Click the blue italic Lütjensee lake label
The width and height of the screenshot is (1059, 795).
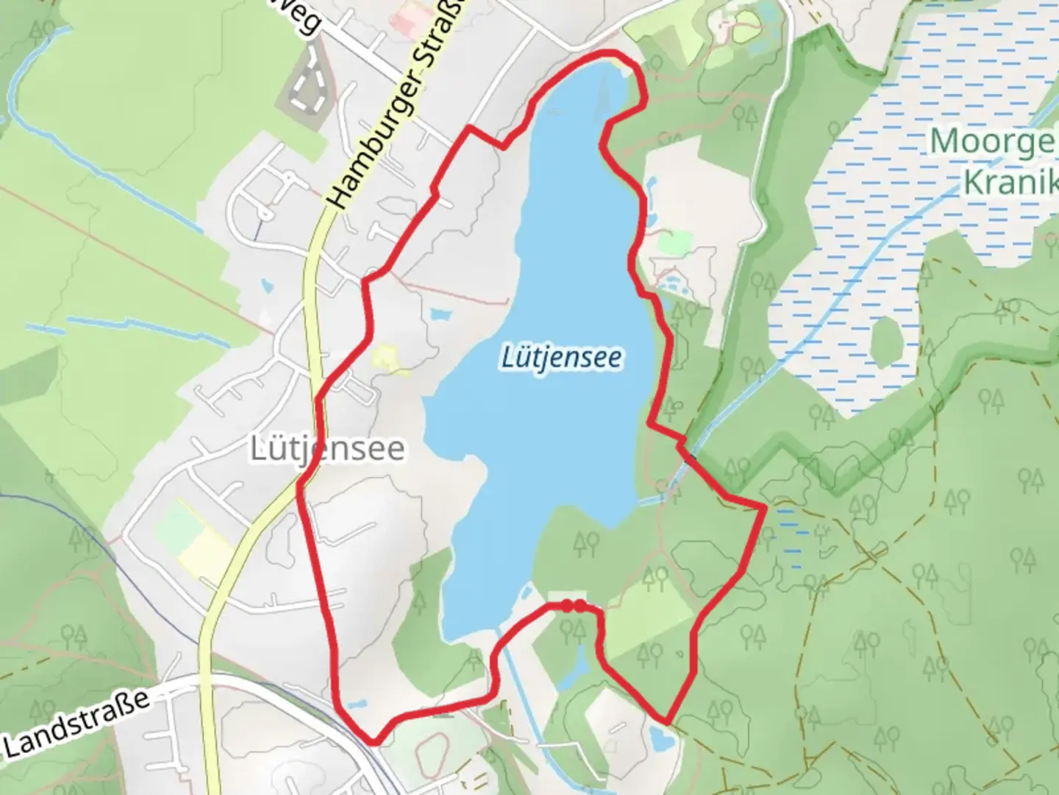[562, 358]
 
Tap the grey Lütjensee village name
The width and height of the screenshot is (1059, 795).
[327, 448]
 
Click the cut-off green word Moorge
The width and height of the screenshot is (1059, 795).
[994, 141]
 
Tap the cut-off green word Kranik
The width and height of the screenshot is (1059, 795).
[1010, 181]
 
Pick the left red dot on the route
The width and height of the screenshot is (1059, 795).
[568, 605]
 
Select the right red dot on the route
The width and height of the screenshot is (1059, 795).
[580, 605]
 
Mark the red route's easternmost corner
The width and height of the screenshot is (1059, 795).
[764, 507]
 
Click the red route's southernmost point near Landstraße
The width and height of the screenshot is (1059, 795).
[374, 741]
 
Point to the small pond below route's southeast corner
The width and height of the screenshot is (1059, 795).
[660, 737]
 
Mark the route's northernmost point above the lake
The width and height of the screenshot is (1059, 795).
[607, 54]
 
